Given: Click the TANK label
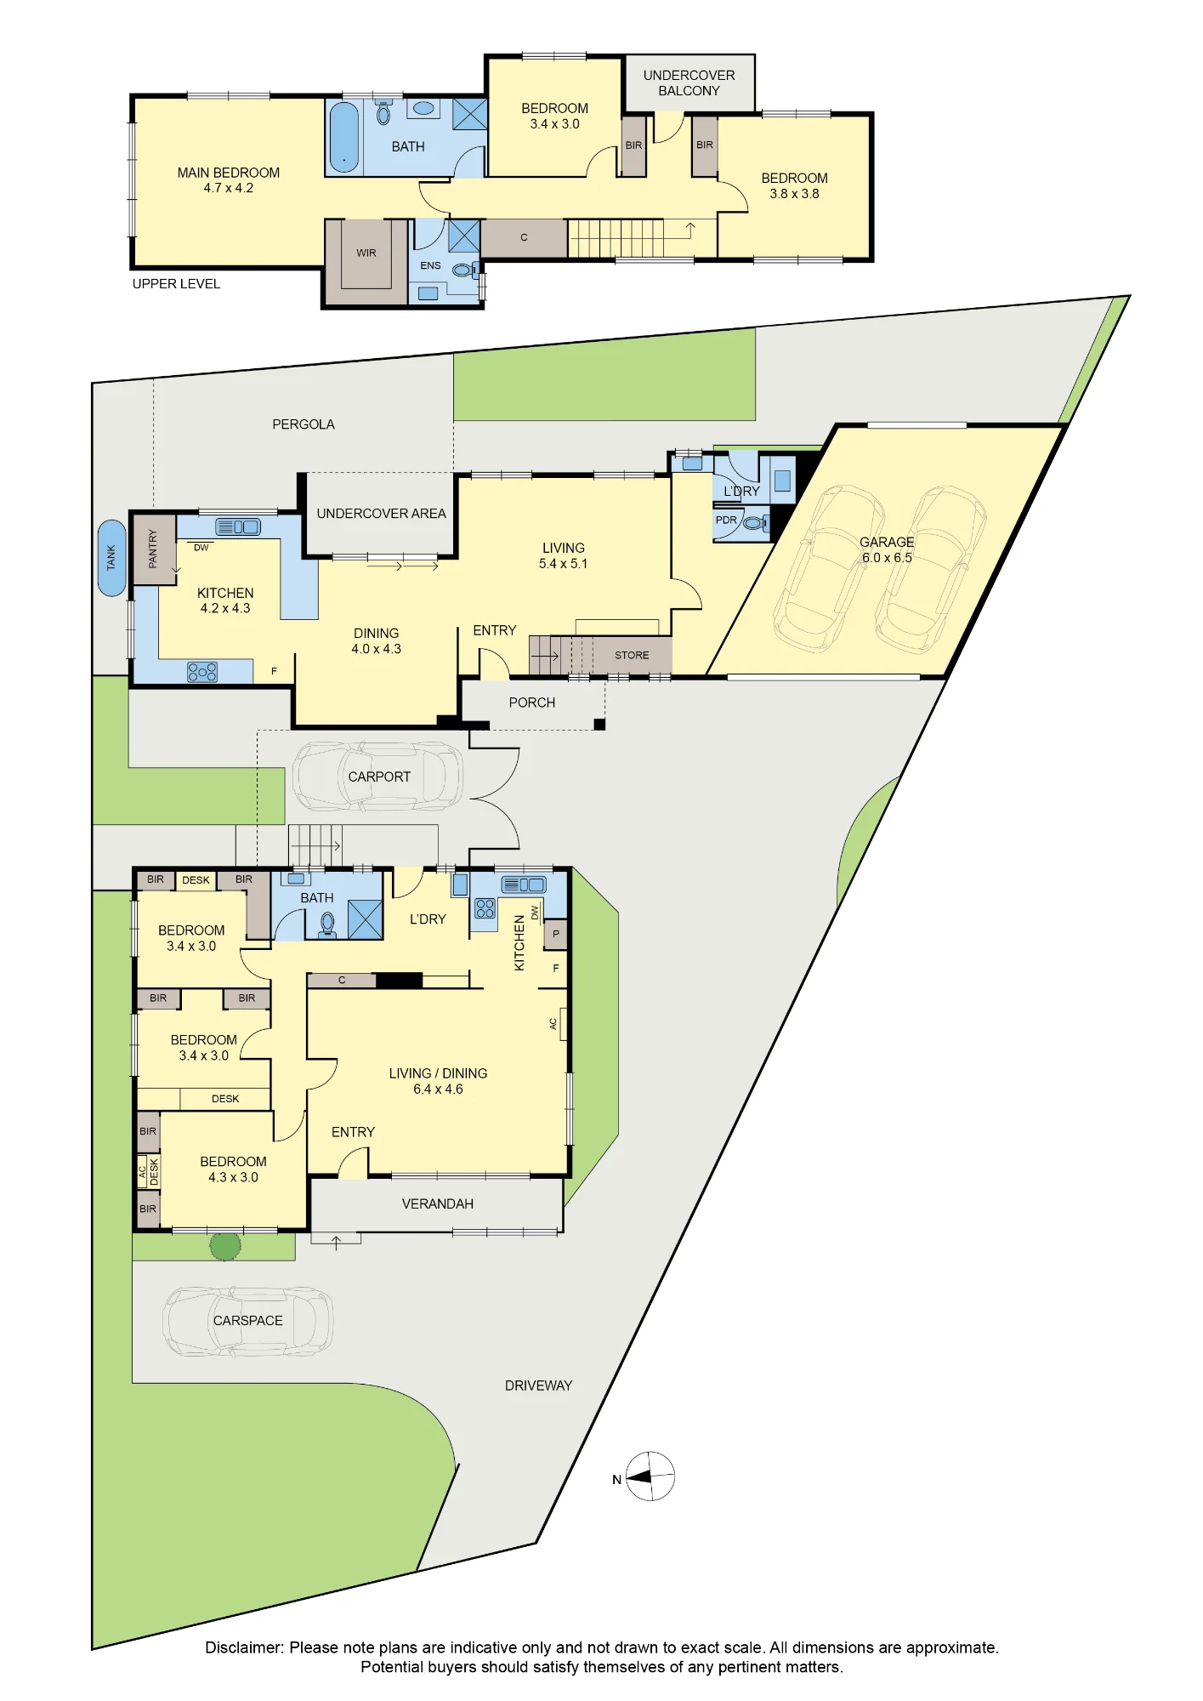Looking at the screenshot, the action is [111, 558].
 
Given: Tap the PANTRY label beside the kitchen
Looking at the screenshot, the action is [153, 549].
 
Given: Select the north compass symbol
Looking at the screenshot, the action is [650, 1476].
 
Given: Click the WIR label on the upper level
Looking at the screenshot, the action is [366, 253].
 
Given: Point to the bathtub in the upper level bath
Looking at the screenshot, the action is [344, 137].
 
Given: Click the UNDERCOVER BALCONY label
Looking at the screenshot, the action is [689, 83].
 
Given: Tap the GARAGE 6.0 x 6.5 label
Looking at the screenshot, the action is [887, 549].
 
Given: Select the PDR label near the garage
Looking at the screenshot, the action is [726, 520].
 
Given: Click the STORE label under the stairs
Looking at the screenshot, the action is [632, 655].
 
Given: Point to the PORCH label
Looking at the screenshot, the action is [532, 703].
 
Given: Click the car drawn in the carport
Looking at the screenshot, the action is [377, 776].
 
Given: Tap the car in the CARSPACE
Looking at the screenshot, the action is [247, 1321].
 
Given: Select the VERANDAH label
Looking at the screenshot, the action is [438, 1203].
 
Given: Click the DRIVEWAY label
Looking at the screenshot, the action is [539, 1385].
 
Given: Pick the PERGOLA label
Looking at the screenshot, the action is [304, 424].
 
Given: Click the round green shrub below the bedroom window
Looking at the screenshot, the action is [225, 1246].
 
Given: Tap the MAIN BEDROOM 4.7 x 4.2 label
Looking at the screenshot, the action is [229, 180].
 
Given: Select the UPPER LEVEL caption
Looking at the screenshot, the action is [176, 284].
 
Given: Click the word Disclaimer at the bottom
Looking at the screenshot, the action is [244, 1647].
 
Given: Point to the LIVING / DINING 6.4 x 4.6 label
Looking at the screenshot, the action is [439, 1081].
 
